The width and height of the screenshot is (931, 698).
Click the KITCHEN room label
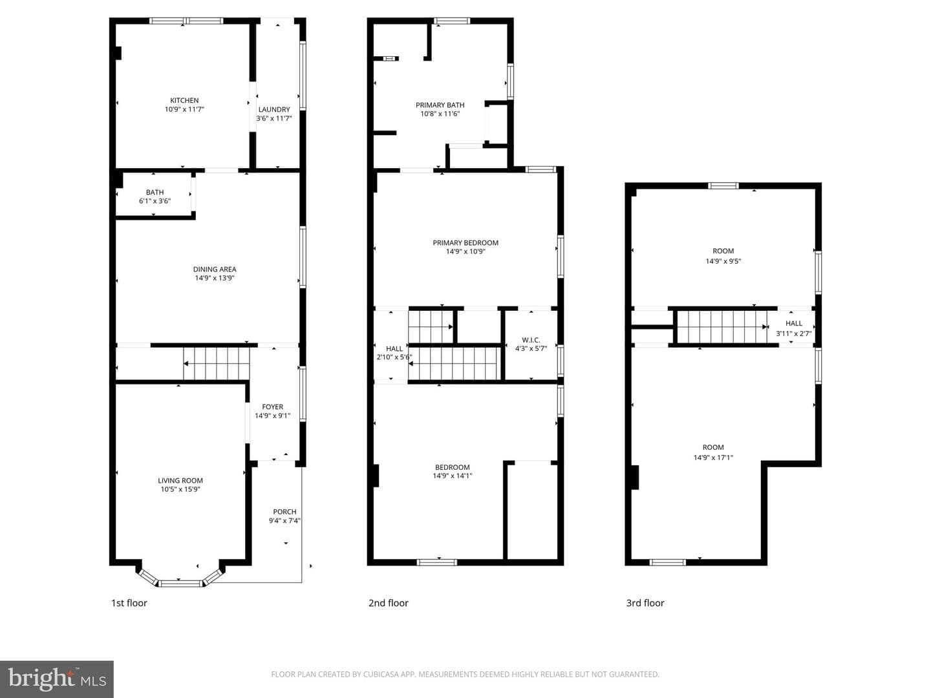coord(184,100)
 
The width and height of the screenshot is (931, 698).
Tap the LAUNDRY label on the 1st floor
coord(274,109)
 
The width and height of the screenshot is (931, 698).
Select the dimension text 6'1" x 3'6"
coord(155,201)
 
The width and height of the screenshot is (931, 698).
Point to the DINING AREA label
coord(215,269)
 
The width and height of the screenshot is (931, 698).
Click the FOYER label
coord(272,407)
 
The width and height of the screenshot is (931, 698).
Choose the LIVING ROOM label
coord(180,481)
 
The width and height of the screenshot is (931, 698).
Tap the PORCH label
coord(284,511)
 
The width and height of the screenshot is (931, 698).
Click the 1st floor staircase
coord(217,364)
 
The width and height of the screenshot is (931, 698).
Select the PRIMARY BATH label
coord(440,105)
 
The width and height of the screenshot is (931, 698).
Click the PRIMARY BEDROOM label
coord(465,243)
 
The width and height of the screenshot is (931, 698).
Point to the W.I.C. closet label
coord(531,340)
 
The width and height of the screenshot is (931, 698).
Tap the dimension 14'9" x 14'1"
coord(452,476)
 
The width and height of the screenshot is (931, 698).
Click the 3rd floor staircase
coord(722,327)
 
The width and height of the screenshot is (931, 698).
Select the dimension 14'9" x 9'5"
coord(723,261)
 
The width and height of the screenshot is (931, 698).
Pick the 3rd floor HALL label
coord(793,323)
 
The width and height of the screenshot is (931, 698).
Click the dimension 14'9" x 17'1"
coord(713,458)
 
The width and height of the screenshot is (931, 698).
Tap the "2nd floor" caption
coord(388,603)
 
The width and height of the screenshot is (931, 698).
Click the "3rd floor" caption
coord(645,603)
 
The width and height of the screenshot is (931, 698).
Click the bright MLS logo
coord(57,679)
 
